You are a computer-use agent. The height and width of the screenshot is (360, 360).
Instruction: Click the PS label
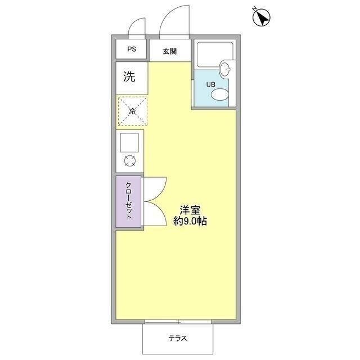tap(131, 49)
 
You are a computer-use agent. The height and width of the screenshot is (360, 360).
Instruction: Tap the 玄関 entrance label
tap(170, 51)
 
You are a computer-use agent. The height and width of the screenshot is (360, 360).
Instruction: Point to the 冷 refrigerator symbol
tap(133, 111)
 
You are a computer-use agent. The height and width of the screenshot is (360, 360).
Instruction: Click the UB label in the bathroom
tap(210, 85)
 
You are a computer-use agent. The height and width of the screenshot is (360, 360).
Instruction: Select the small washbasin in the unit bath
tap(226, 70)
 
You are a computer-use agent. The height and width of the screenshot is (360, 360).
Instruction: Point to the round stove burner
tap(130, 161)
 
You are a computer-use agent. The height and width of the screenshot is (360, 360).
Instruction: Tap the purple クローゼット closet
tap(129, 201)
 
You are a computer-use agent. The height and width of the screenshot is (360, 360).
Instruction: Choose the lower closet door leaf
tap(155, 214)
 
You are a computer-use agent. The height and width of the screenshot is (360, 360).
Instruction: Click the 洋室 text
tap(190, 210)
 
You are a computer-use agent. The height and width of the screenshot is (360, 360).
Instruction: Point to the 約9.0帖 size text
tap(190, 222)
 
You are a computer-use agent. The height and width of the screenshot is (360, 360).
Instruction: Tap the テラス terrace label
tap(177, 339)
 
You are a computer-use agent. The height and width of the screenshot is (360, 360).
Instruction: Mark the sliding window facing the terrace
tap(178, 322)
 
